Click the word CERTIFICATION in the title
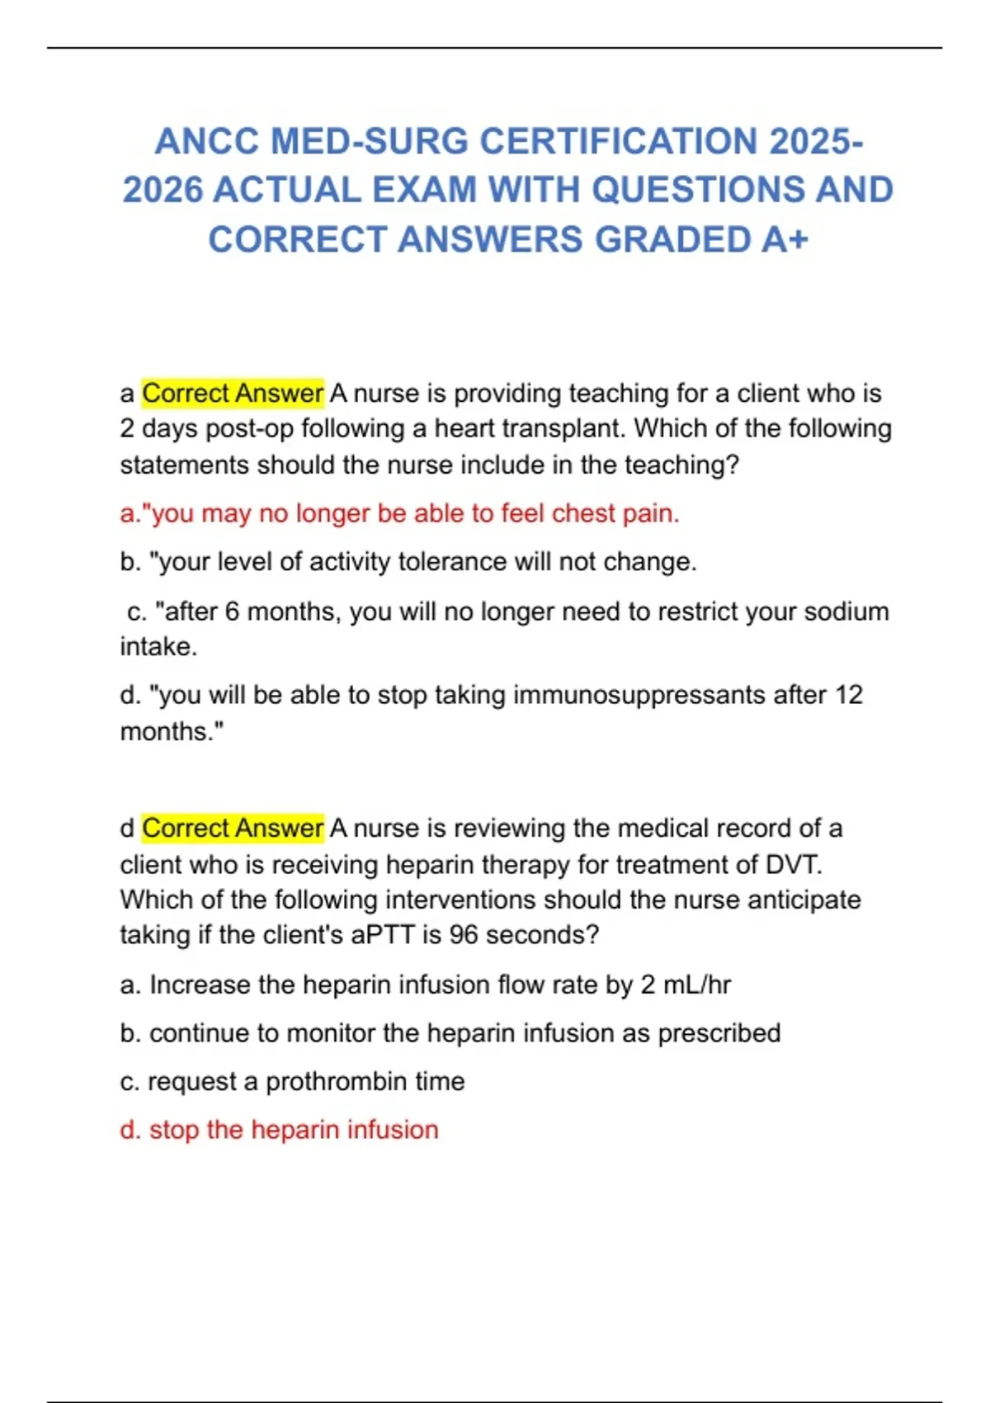(620, 141)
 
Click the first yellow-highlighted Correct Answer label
(233, 393)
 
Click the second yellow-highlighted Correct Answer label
(233, 828)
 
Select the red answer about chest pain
(399, 513)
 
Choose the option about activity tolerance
(408, 562)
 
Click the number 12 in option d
(848, 695)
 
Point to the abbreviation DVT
(794, 864)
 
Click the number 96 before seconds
(464, 935)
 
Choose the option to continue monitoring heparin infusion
(450, 1033)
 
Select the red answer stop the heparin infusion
(279, 1130)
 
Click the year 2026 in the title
(163, 190)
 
